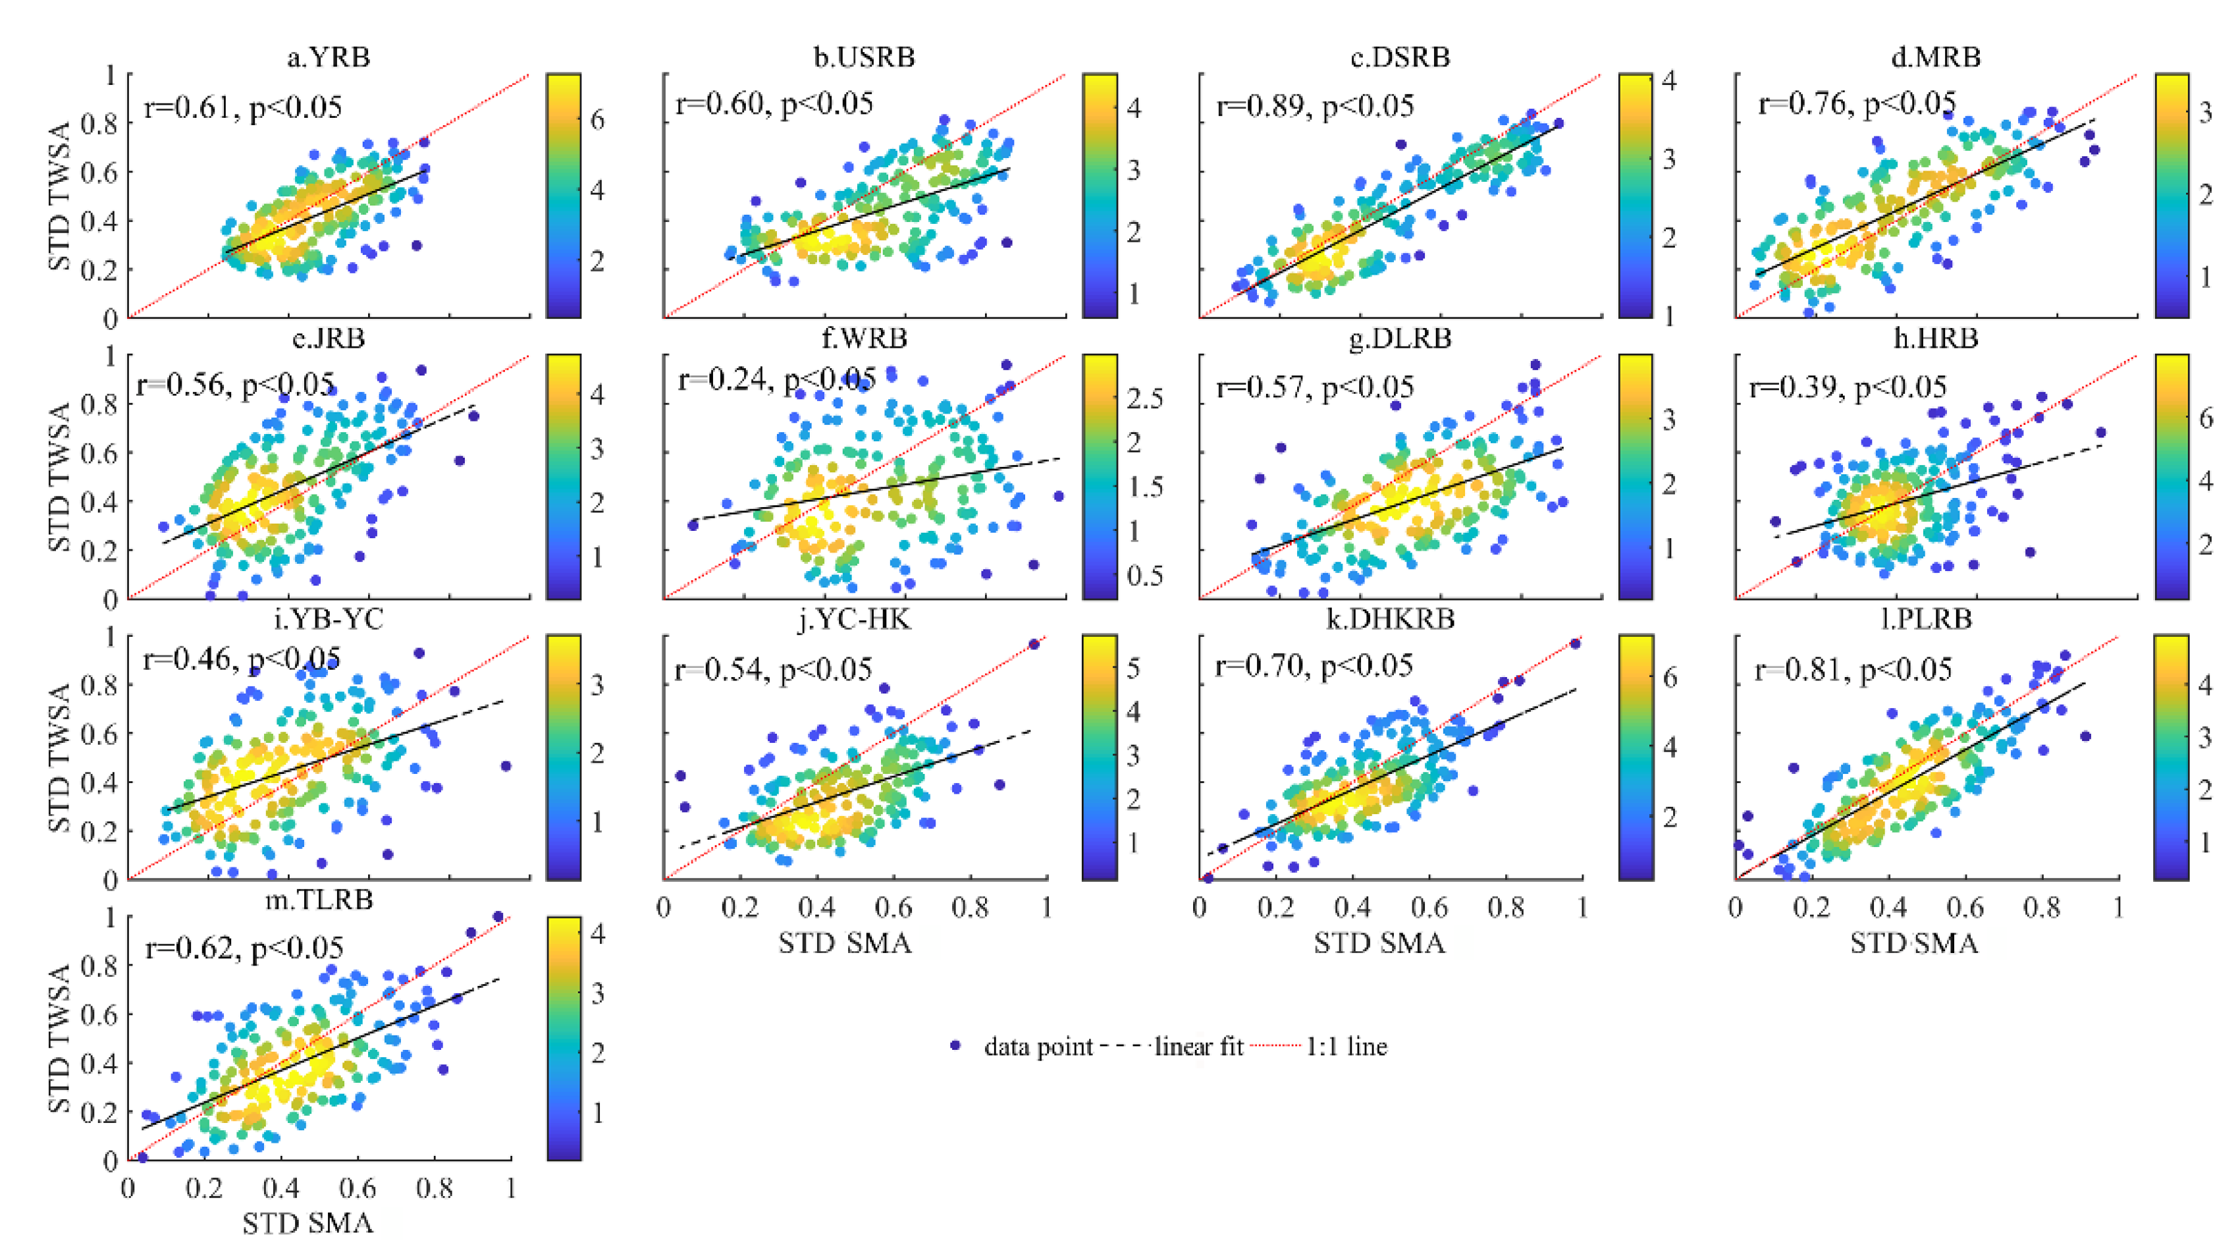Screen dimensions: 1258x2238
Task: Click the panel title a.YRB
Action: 329,57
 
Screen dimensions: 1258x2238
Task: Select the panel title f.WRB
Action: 864,338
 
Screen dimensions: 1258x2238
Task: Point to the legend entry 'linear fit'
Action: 1199,1046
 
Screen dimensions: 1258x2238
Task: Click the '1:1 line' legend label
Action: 1346,1046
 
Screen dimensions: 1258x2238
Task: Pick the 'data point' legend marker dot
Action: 955,1045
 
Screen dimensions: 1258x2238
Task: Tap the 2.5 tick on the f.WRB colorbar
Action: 1144,398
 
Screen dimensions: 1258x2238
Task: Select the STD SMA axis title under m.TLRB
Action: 307,1223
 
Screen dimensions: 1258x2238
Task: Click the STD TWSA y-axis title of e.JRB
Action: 59,476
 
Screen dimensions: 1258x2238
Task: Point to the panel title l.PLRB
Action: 1925,618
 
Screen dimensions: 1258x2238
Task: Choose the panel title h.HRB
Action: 1936,338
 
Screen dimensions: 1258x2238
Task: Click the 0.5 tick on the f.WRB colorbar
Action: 1144,575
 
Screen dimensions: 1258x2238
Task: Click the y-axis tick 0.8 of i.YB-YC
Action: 97,684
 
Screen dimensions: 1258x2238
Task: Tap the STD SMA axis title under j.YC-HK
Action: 845,943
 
